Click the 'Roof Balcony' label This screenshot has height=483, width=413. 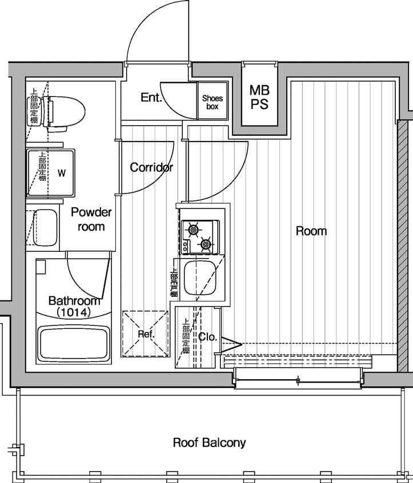point(209,442)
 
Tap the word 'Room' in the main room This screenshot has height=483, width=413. point(311,231)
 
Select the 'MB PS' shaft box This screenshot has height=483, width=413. point(259,98)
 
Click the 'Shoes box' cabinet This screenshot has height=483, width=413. point(212,102)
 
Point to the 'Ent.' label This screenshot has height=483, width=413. point(151,98)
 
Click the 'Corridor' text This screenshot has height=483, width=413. point(151,167)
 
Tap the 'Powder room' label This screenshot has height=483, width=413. point(91,219)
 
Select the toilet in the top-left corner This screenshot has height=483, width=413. point(63,110)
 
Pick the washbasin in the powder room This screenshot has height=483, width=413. point(45,228)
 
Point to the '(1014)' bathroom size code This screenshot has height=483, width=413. point(74,312)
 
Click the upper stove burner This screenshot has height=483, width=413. point(194,230)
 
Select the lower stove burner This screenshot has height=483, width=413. point(205,245)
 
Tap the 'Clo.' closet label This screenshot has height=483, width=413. point(207,337)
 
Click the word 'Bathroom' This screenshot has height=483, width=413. point(74,301)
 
